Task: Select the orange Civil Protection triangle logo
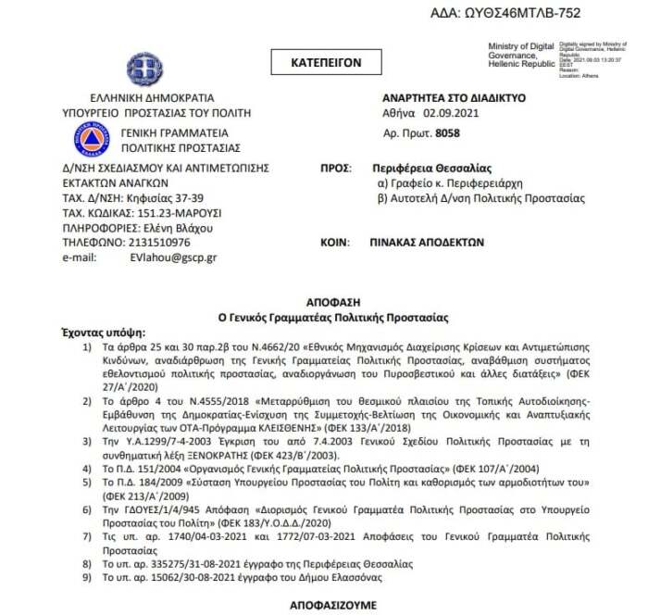coord(91,139)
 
